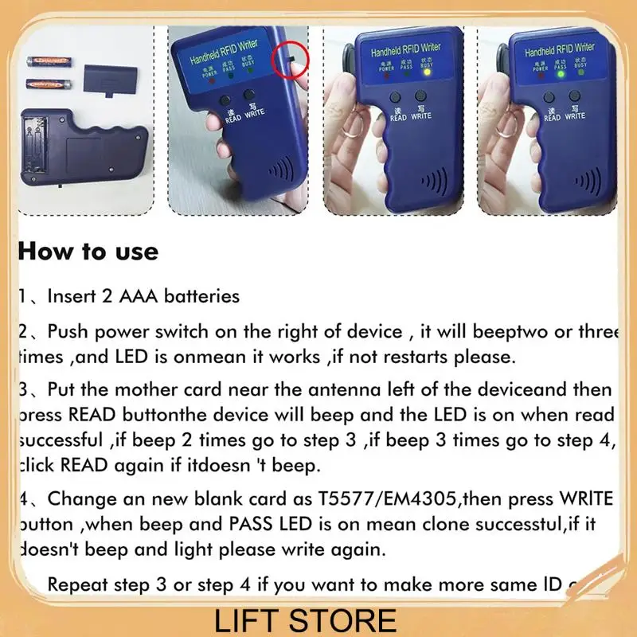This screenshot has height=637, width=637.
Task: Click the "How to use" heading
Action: [88, 252]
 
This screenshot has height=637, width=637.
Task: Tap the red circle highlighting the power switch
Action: [290, 61]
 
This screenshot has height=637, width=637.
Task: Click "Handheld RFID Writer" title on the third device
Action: [405, 49]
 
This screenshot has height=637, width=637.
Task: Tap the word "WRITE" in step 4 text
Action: [583, 500]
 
